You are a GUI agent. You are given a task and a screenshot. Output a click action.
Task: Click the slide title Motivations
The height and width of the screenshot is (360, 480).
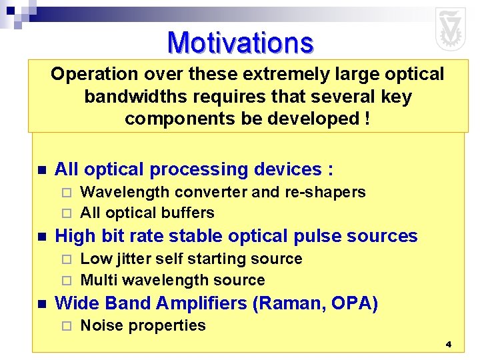coord(240,43)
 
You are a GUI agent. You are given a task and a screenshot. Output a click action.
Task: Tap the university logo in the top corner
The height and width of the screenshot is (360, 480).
coord(451,29)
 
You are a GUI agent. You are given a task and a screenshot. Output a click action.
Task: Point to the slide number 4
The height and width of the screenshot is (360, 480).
coord(448,345)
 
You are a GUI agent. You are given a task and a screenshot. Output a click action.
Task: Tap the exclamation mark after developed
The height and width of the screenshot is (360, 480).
coord(368,119)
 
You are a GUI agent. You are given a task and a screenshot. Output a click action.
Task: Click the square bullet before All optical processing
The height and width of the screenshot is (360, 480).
coord(41,171)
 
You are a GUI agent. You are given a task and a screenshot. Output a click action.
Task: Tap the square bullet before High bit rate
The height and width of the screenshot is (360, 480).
coord(41,237)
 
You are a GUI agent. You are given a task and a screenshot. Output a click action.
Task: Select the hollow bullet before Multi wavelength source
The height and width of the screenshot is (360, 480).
coord(65,281)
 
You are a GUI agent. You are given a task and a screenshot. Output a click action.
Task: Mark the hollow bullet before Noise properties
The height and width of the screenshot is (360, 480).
coord(65,326)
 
